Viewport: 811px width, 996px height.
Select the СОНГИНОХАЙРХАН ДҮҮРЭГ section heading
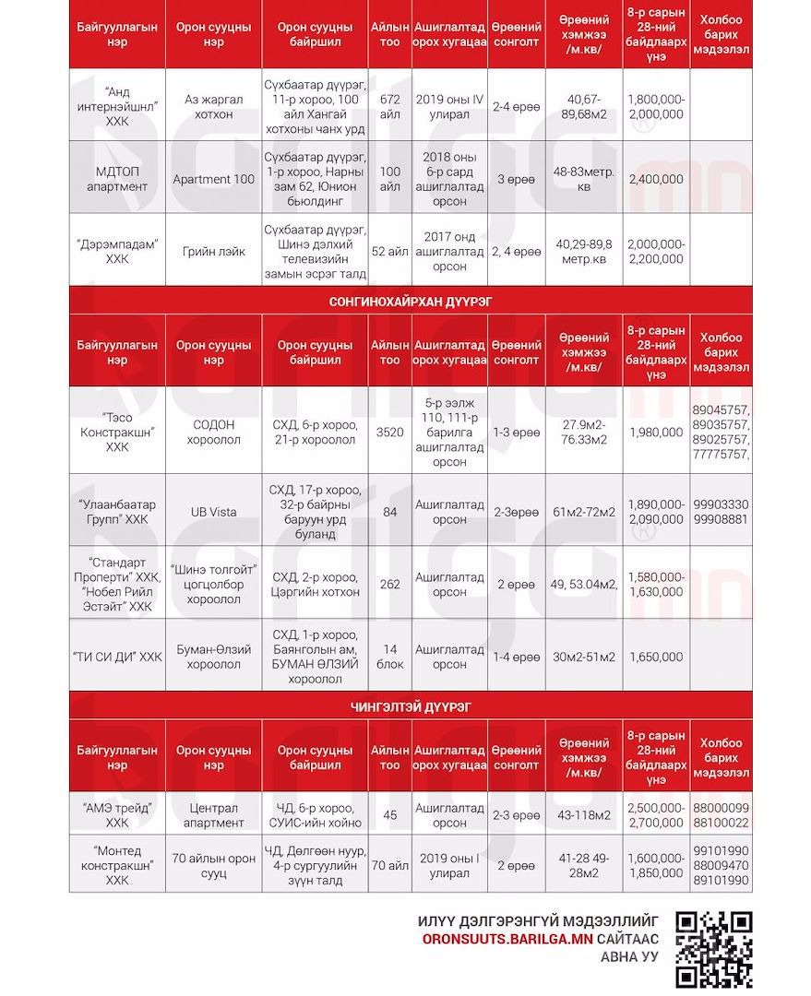click(x=411, y=302)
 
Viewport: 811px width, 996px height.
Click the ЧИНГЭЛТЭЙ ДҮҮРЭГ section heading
click(x=411, y=707)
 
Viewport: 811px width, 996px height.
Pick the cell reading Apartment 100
click(x=214, y=179)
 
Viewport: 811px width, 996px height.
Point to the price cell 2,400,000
click(x=656, y=179)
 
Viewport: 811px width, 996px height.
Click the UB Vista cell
click(x=214, y=513)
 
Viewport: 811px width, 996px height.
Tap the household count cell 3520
click(x=390, y=432)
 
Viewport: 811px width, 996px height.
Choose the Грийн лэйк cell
click(x=214, y=252)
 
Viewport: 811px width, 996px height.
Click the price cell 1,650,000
click(x=656, y=657)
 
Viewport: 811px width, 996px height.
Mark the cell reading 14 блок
click(x=390, y=657)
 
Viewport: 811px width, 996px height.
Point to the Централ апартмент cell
click(x=214, y=815)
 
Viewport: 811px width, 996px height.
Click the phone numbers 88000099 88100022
click(x=721, y=815)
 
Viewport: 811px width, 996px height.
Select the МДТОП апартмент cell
click(x=117, y=179)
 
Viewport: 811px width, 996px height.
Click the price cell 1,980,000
click(x=656, y=432)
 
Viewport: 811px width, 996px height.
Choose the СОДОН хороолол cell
click(x=214, y=432)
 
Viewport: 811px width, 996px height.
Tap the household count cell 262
click(x=390, y=584)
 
